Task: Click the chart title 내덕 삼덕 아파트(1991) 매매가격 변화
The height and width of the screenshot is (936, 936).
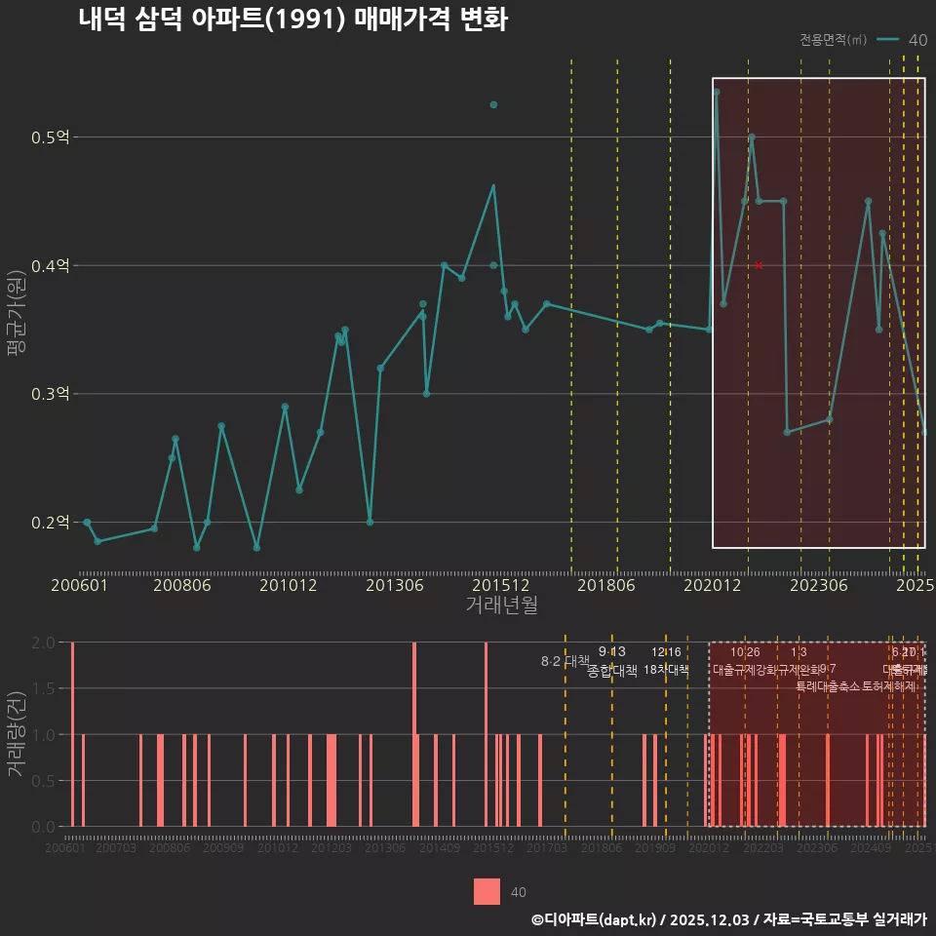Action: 292,19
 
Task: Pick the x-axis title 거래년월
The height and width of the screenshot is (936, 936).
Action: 501,605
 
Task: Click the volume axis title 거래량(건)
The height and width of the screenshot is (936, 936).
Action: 16,734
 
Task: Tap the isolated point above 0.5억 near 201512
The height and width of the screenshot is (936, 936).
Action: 493,104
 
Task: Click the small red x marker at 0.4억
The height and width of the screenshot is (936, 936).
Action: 759,265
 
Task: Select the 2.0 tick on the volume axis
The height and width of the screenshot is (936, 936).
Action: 44,643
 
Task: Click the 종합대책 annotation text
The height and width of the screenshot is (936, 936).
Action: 612,671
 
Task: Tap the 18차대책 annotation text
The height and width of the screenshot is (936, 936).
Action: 666,670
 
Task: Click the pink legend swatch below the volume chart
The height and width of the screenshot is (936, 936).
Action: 487,892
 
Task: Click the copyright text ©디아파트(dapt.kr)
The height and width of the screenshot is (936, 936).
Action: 595,919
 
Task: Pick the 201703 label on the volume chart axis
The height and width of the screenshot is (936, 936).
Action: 547,848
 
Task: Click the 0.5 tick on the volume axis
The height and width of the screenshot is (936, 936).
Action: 44,781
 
